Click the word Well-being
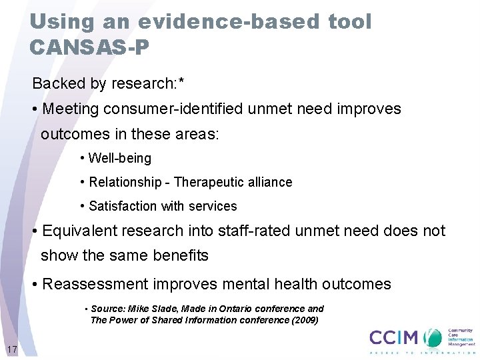120,159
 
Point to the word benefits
179,255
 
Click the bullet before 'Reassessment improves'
34,284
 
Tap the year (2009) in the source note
304,320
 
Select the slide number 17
11,349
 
